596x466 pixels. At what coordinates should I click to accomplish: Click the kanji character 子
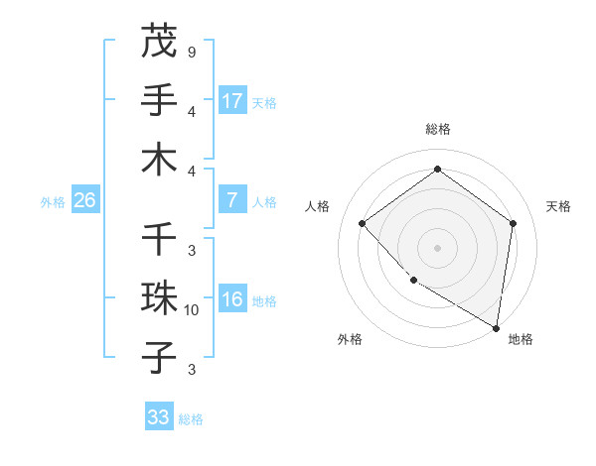159,357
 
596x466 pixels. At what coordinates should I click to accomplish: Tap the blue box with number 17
232,101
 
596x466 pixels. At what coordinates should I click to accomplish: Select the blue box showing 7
232,200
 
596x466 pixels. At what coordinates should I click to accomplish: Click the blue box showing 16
232,299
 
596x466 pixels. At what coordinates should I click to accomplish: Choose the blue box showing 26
84,200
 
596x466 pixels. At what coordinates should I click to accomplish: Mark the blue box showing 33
159,417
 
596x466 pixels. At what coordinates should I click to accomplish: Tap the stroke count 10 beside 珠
192,310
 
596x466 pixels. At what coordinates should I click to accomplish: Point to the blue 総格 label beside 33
191,419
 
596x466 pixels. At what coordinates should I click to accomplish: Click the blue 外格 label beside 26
53,201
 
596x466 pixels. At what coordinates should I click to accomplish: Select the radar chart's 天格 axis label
558,206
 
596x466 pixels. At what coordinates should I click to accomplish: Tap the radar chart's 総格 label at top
437,129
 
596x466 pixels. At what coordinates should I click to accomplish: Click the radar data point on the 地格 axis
497,327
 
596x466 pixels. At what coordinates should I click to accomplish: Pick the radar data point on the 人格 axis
363,223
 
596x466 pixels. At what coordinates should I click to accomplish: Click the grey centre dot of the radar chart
437,247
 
